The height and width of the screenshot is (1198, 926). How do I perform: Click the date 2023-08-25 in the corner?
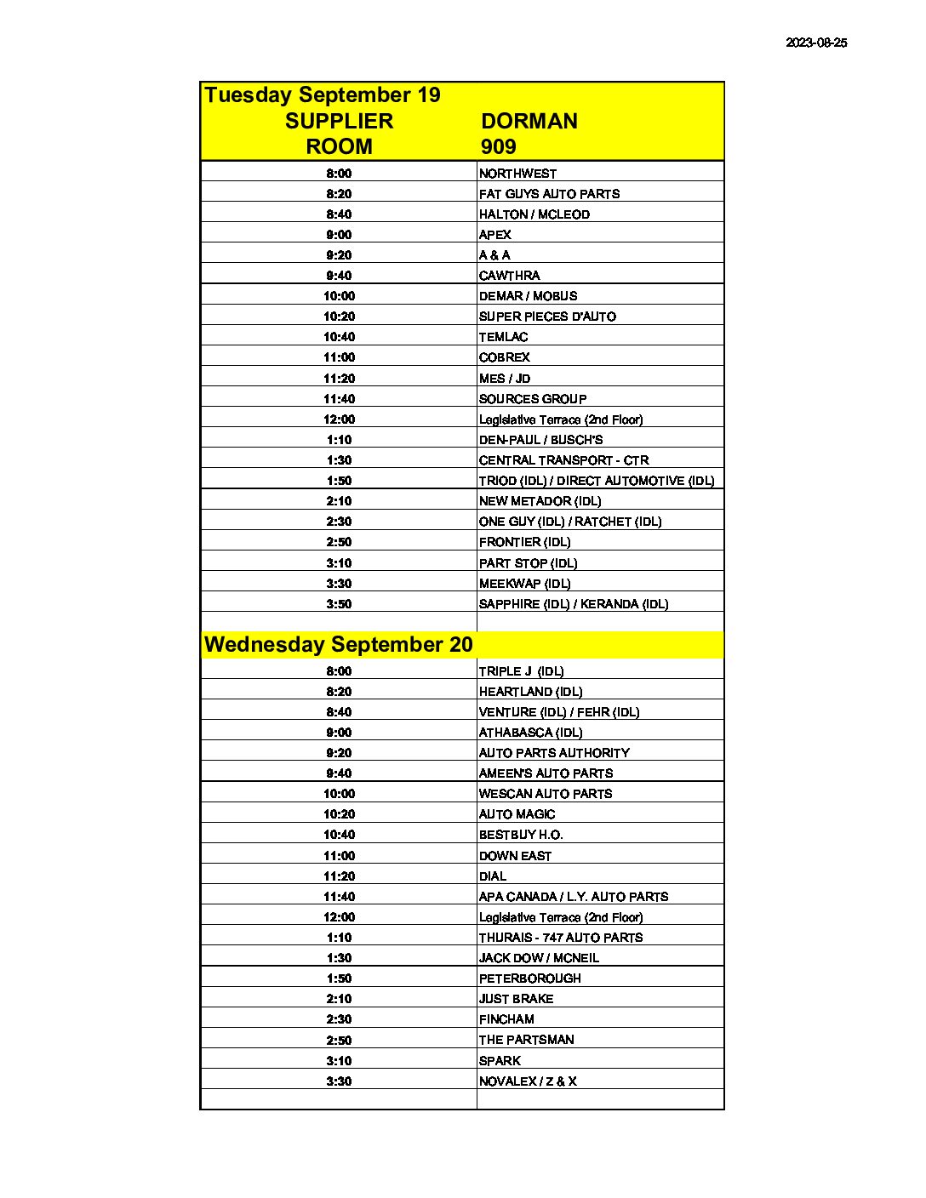tap(816, 43)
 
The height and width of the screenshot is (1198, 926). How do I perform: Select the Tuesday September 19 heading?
tap(323, 94)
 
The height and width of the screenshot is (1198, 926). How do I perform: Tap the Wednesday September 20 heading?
tap(338, 644)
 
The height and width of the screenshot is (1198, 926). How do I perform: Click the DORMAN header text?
tap(529, 121)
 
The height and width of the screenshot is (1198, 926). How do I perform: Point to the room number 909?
tap(498, 146)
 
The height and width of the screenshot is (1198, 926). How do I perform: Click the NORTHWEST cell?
tap(517, 174)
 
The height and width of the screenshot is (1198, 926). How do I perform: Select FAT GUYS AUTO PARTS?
tap(549, 194)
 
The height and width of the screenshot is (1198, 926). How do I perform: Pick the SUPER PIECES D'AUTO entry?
tap(547, 317)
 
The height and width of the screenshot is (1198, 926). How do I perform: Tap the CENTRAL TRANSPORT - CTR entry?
tap(563, 460)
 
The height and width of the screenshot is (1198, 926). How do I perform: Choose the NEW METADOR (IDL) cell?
tap(540, 501)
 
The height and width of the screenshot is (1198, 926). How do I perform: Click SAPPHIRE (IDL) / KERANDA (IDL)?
tap(574, 604)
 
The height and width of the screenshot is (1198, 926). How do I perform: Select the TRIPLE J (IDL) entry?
tap(521, 671)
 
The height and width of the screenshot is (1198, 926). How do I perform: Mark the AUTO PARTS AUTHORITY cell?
tap(554, 753)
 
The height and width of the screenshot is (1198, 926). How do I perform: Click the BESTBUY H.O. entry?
tap(521, 835)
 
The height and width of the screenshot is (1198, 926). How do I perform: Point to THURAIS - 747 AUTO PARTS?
tap(561, 938)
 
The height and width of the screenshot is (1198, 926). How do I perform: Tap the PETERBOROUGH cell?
tap(529, 978)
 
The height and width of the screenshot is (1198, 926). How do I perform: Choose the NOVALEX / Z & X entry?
tap(528, 1081)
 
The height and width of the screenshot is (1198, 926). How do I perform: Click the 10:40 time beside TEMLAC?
tap(339, 337)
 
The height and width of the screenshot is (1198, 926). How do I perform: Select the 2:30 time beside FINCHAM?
tap(339, 1019)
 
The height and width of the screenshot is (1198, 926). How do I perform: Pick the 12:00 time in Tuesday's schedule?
tap(339, 419)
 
